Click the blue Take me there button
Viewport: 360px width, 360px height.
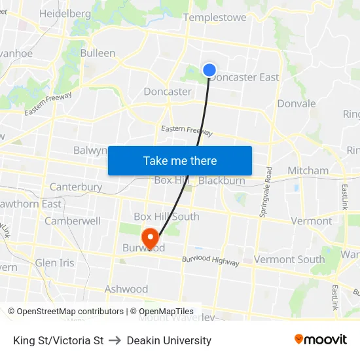click(x=180, y=160)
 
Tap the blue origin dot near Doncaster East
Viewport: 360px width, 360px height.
click(x=209, y=69)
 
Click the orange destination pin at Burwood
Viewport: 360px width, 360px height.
click(x=150, y=238)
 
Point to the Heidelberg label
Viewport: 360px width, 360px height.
click(x=65, y=13)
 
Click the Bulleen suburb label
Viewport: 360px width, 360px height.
click(x=98, y=53)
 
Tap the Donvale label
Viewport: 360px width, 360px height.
click(x=297, y=103)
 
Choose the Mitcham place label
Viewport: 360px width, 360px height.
click(x=308, y=170)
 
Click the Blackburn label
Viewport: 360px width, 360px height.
click(x=222, y=181)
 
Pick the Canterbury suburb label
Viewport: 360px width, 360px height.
click(x=76, y=187)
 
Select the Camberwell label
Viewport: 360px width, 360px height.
click(x=73, y=221)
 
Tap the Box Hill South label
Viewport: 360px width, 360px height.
click(x=166, y=217)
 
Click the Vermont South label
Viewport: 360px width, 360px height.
click(x=289, y=259)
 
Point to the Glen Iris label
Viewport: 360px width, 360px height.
click(x=55, y=262)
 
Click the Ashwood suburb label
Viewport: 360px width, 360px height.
click(x=126, y=289)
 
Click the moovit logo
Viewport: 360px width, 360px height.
click(x=321, y=339)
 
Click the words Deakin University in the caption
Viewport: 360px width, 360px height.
click(x=169, y=340)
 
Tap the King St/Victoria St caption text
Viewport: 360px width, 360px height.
click(x=58, y=340)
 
